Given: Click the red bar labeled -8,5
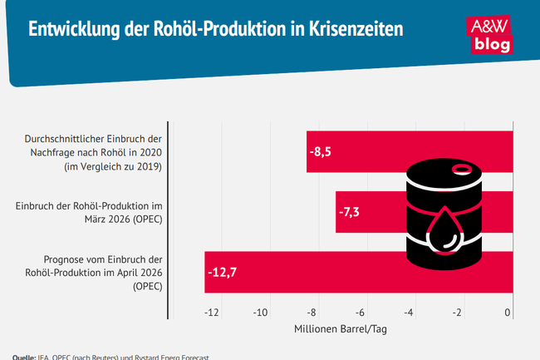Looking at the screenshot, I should click(357, 151).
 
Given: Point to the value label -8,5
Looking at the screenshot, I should click(321, 152).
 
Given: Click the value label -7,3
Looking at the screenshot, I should click(350, 212).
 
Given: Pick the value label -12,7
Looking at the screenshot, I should click(222, 272).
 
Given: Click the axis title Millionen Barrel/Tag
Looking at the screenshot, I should click(341, 328).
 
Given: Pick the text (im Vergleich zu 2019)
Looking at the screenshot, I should click(113, 166).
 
